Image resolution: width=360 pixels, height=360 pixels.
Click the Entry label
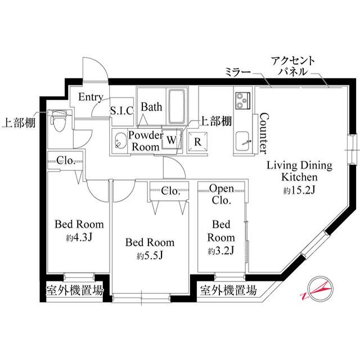(x=90, y=97)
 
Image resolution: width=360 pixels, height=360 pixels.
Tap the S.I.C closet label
(x=121, y=110)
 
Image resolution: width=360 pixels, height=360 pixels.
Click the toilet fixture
(x=58, y=121)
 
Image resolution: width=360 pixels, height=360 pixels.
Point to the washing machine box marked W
(x=171, y=138)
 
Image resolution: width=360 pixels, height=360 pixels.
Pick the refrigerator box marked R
(x=197, y=141)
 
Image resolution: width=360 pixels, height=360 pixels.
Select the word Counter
(x=262, y=133)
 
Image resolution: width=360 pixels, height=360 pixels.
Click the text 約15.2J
(x=299, y=190)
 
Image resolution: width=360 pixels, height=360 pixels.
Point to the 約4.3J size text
(x=79, y=237)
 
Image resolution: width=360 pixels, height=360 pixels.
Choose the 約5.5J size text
(x=150, y=256)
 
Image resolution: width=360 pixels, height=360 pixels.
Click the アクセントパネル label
(x=292, y=66)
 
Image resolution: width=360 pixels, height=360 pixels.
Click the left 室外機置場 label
(x=74, y=291)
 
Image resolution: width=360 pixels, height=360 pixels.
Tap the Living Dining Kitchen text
(x=299, y=171)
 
